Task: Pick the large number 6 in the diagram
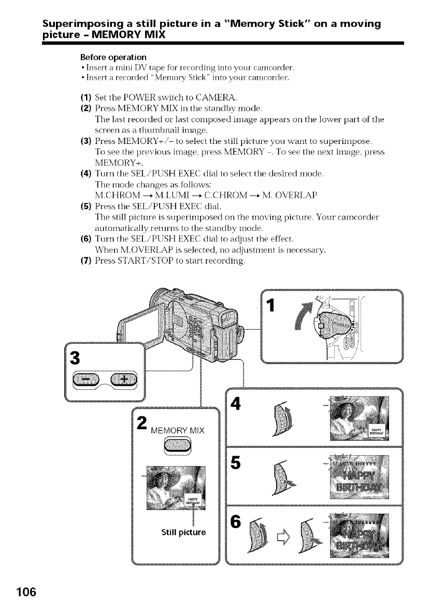240,523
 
